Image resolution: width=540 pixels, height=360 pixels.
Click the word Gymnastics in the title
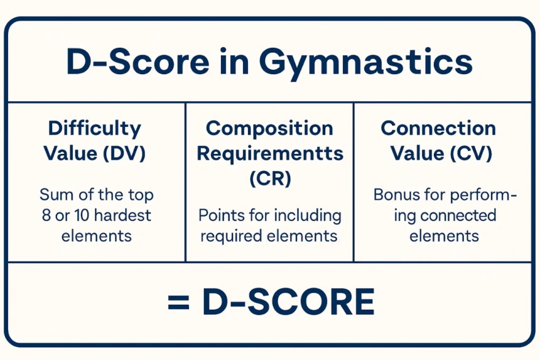pos(365,63)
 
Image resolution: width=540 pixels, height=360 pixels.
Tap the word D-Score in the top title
pos(138,62)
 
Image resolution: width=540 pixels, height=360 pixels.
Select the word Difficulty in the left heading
pos(95,129)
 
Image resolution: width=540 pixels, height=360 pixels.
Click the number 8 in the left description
pos(46,215)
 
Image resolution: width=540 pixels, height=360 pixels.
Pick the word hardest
pos(122,215)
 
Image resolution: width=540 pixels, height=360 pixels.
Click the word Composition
pos(269,129)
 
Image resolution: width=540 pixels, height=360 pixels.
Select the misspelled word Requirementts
pos(270,154)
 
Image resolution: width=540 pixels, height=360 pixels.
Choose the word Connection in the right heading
pos(438,129)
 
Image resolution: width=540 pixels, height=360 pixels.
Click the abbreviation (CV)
pos(471,154)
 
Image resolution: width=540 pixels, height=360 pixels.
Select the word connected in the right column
pos(458,215)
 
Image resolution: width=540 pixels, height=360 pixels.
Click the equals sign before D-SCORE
pos(178,302)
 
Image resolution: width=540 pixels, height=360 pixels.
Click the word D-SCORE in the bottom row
pos(289,302)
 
